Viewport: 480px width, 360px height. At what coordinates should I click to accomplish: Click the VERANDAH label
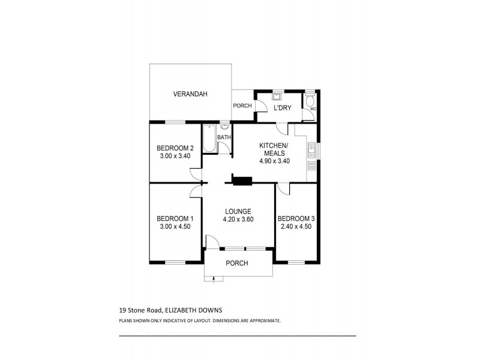[x=190, y=94]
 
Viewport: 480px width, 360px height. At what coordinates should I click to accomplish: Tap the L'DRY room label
[x=282, y=108]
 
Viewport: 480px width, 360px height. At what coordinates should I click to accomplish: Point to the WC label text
[x=313, y=109]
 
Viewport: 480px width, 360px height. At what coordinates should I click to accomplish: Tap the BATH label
[x=224, y=137]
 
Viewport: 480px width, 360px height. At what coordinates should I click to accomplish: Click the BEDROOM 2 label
[x=175, y=148]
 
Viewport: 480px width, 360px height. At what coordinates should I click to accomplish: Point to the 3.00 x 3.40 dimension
[x=175, y=156]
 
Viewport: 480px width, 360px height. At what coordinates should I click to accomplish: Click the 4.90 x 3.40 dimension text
[x=274, y=161]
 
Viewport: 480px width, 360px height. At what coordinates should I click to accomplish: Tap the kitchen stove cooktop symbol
[x=311, y=165]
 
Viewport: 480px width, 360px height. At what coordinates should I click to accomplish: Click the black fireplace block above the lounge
[x=242, y=180]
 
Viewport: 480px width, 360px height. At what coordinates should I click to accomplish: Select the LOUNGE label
[x=238, y=211]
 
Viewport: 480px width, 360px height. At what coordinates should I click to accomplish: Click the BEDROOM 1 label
[x=175, y=218]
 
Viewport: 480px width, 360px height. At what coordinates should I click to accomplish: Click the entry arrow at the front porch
[x=214, y=277]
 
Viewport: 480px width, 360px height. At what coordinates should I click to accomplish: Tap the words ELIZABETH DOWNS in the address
[x=196, y=310]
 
